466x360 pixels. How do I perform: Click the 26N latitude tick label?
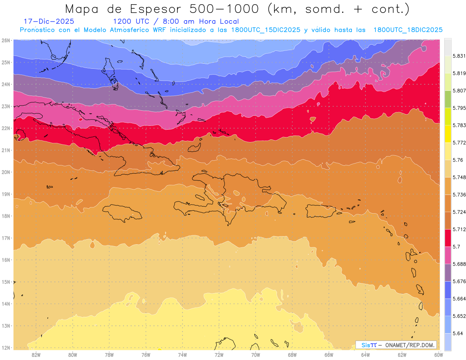tap(6, 40)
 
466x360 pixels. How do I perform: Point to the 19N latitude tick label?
tap(6, 194)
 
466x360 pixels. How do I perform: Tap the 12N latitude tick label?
tap(6, 348)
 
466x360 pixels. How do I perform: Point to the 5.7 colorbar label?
tap(456, 247)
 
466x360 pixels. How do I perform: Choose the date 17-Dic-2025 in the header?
tap(49, 21)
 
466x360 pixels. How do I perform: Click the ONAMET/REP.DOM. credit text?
tap(410, 345)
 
